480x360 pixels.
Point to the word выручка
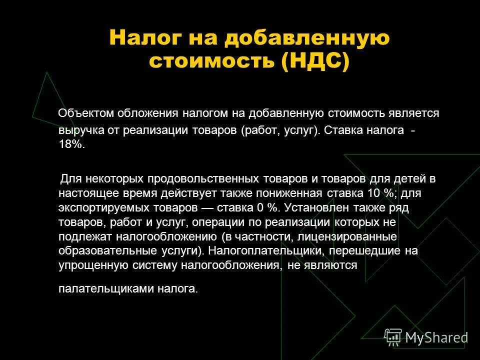tap(77, 131)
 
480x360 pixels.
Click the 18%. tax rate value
tap(72, 144)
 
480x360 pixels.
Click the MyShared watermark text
tap(436, 337)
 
